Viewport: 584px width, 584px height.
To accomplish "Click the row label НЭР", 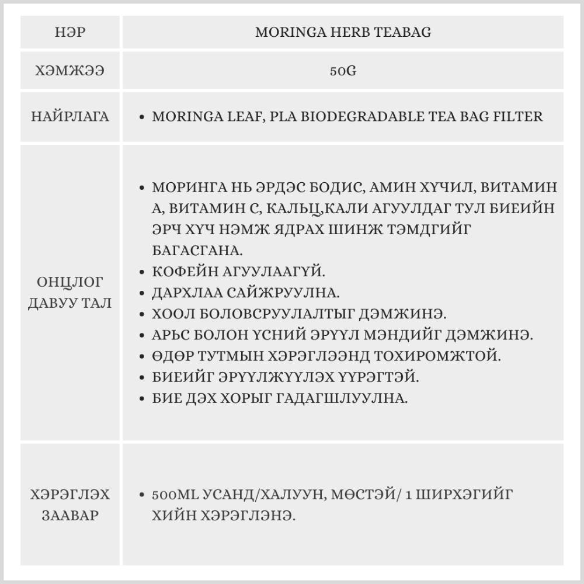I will pos(69,32).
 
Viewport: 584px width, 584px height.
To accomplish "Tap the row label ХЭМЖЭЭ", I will pos(69,71).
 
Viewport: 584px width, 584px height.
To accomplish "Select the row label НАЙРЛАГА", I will pos(69,116).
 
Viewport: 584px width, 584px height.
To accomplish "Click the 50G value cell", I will pos(343,71).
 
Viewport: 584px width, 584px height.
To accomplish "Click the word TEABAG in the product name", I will pos(407,32).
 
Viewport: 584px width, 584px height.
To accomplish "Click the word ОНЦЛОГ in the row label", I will pos(69,283).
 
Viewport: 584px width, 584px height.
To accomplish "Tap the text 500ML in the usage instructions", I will pos(175,495).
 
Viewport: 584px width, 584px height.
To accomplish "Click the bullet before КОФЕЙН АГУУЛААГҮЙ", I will pos(142,272).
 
